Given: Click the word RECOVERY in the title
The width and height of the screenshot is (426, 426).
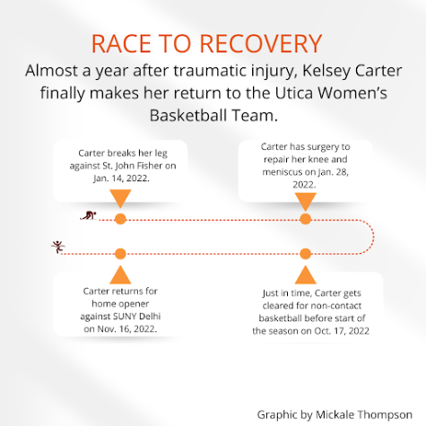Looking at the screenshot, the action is click(x=261, y=44).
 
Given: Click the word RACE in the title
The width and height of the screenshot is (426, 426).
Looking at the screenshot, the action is click(x=122, y=44).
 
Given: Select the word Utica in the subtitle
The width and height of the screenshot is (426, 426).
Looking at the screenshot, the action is click(x=293, y=92).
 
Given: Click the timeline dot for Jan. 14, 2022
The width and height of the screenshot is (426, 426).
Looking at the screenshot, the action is click(x=120, y=219).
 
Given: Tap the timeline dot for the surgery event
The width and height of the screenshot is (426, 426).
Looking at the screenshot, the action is click(x=306, y=219).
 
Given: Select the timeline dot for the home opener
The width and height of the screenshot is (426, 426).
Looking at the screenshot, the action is click(x=120, y=254).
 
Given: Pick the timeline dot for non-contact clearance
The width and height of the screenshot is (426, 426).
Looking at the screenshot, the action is click(x=306, y=254).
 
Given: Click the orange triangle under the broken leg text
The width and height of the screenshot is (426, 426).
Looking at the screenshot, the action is click(x=120, y=196).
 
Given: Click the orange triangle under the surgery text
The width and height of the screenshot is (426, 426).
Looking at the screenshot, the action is click(x=306, y=200).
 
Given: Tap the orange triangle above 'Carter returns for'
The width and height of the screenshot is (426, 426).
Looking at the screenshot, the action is click(x=120, y=276).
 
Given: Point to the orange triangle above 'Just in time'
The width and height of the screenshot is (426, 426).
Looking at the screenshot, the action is click(x=306, y=276).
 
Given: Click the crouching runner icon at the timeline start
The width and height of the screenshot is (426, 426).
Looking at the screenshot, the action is click(x=89, y=215).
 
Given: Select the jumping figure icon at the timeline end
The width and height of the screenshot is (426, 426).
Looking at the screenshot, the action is click(x=58, y=247).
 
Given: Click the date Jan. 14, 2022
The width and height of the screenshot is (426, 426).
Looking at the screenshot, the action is click(x=121, y=178).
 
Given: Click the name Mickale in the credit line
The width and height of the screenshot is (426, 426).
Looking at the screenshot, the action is click(x=335, y=414).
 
